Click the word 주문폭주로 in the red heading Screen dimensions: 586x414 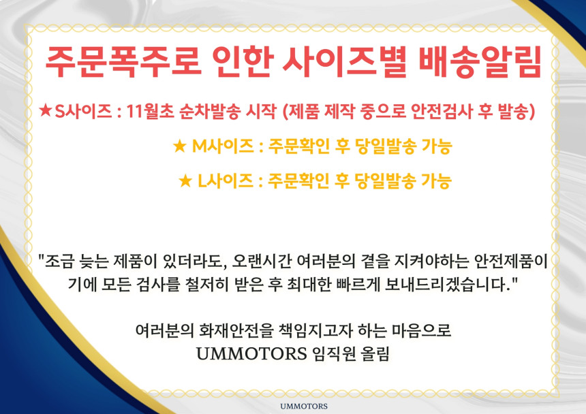(123, 62)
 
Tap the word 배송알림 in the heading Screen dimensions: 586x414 (480, 62)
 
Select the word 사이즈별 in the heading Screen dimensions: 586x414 (345, 62)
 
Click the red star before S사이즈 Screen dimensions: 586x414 (45, 110)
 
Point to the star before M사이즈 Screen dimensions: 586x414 (180, 146)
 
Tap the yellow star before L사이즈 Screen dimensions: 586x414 (185, 180)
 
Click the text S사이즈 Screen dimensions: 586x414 (83, 110)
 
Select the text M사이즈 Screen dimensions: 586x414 (223, 146)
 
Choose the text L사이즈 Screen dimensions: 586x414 (226, 180)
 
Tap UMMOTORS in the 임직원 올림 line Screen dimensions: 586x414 (251, 353)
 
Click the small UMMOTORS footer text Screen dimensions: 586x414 (304, 406)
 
